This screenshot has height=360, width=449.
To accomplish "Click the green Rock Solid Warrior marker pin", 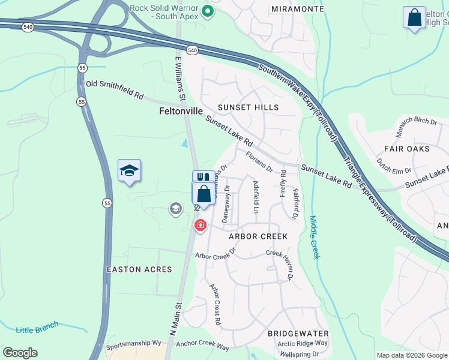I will tap(208, 11).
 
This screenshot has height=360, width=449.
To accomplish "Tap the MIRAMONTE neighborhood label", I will tap(298, 8).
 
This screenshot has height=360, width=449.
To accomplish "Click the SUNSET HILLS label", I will tap(248, 107).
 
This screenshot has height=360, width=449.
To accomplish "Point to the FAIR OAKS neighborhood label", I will tap(407, 148).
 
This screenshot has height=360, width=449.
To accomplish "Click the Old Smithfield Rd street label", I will tap(115, 91).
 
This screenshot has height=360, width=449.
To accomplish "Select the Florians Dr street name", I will tap(259, 161).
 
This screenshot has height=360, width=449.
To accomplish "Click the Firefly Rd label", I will tap(283, 183).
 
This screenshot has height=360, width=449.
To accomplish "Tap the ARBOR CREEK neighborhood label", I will tap(258, 236).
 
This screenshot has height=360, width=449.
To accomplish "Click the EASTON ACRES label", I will tap(139, 270).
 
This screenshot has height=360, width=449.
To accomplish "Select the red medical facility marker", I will tap(200, 226).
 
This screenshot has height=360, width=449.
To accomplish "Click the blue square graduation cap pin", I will tap(129, 172).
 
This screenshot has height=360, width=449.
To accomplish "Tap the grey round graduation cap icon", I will tap(175, 209).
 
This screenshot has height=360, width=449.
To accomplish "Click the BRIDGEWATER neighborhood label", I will tap(298, 333).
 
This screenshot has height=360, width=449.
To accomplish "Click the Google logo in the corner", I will tap(20, 353).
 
